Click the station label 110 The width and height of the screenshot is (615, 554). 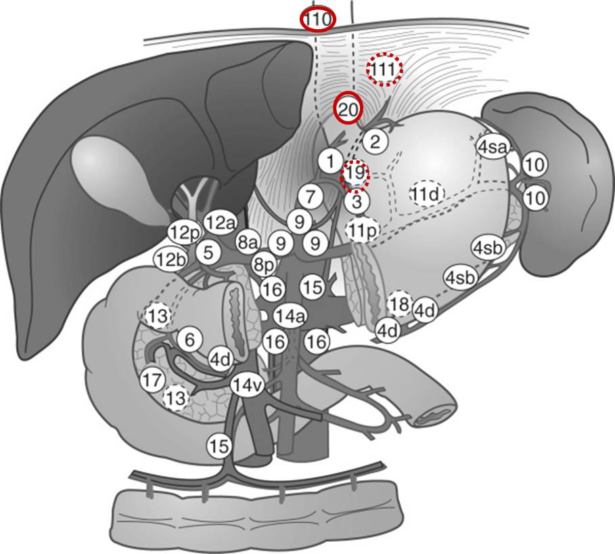click(x=318, y=19)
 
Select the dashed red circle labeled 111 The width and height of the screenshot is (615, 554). click(x=384, y=70)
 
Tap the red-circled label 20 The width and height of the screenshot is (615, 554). click(x=347, y=110)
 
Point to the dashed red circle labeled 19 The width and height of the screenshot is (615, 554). click(x=355, y=175)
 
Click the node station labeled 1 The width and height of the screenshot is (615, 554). click(x=331, y=161)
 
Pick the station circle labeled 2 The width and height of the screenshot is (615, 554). click(x=375, y=142)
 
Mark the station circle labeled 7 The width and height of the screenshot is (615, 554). click(x=311, y=196)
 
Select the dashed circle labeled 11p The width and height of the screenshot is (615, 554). click(x=363, y=230)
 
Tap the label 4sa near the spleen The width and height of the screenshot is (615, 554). click(x=492, y=147)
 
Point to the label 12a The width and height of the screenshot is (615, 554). click(x=221, y=223)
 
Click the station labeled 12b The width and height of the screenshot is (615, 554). click(x=171, y=259)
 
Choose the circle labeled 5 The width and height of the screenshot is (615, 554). click(x=208, y=252)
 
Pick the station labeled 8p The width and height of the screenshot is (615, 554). click(x=264, y=265)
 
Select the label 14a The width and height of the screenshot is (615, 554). click(x=290, y=316)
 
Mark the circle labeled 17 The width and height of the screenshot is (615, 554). click(x=153, y=380)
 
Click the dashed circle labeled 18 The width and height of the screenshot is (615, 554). click(x=399, y=303)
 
